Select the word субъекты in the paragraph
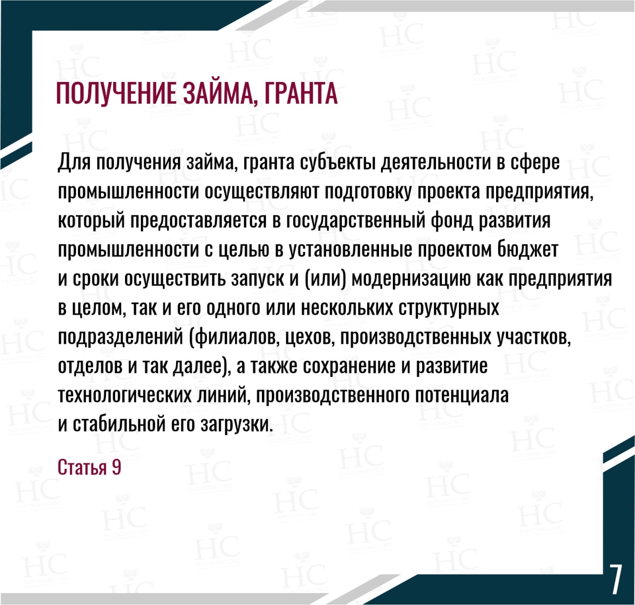tap(337, 162)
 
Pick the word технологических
tap(125, 395)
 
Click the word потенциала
tap(462, 395)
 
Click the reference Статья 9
tap(89, 467)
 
